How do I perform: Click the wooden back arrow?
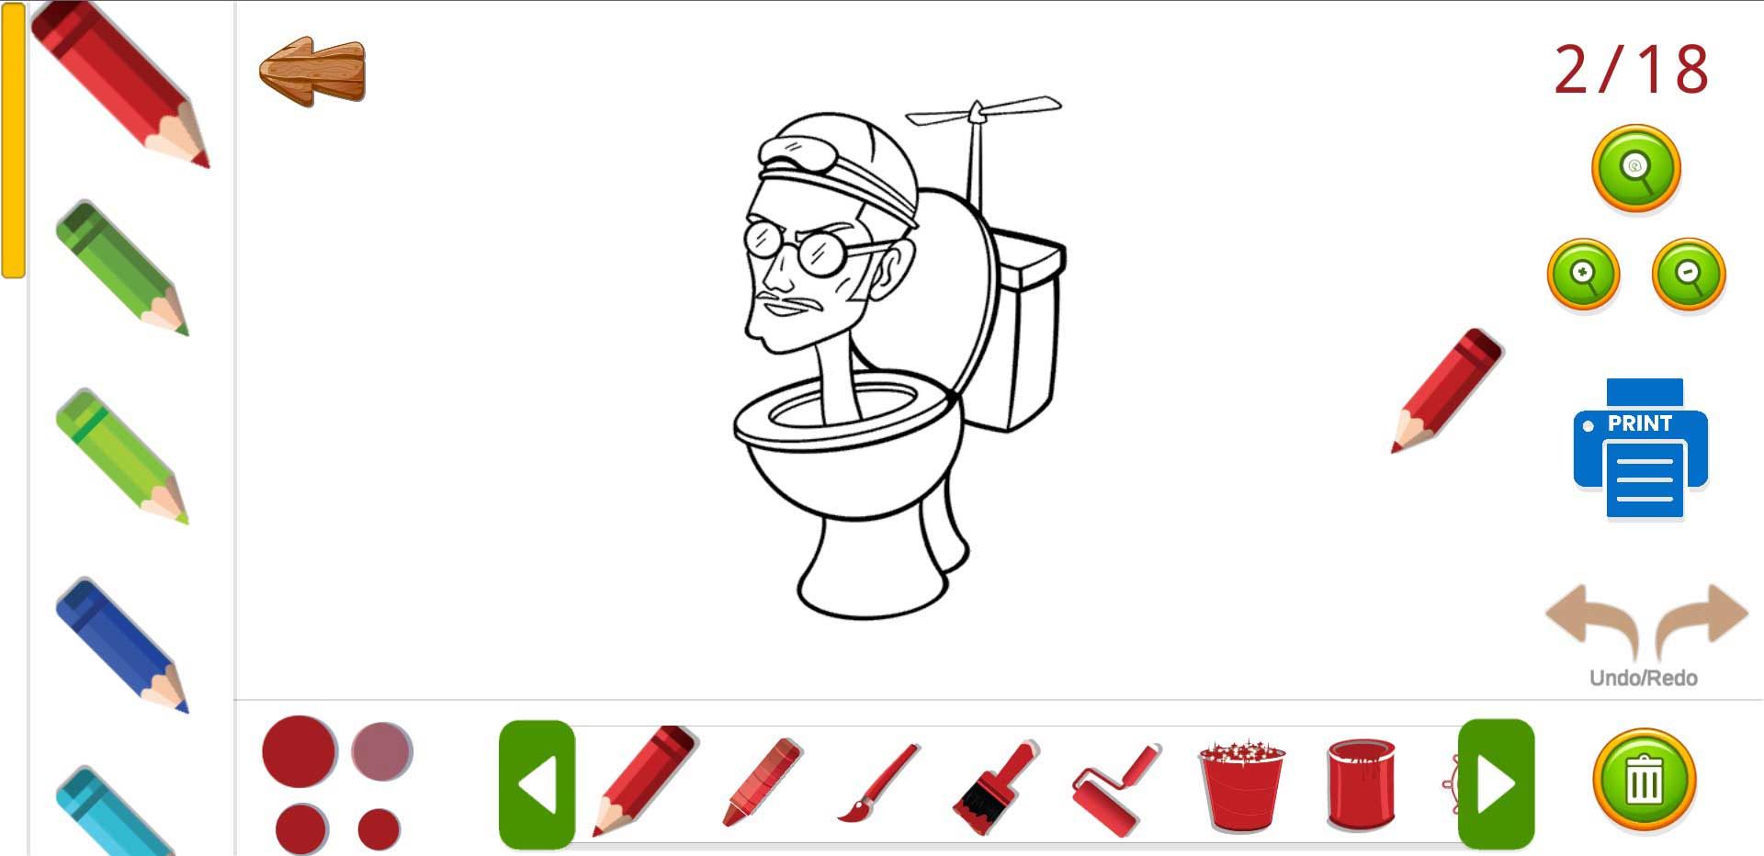click(x=312, y=71)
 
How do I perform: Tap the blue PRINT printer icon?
click(x=1641, y=449)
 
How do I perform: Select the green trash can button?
click(x=1644, y=781)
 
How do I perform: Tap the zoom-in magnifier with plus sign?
click(x=1583, y=274)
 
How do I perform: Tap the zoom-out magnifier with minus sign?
click(x=1689, y=274)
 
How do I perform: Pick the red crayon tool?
click(x=763, y=781)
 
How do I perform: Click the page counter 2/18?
click(x=1631, y=70)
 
